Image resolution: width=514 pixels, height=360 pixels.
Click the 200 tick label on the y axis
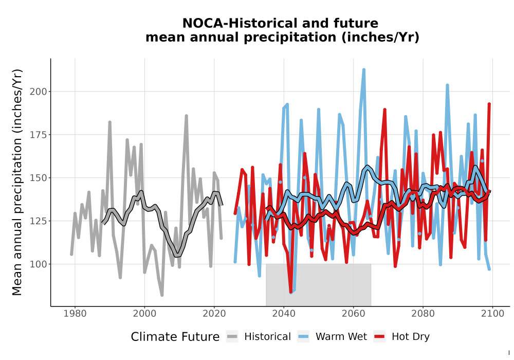coord(39,92)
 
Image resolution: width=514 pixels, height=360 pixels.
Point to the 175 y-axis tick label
coord(39,135)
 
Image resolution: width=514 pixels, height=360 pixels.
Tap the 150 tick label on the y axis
coord(39,178)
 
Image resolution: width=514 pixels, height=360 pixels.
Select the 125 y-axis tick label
coord(39,221)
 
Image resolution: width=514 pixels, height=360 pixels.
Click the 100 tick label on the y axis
coord(39,264)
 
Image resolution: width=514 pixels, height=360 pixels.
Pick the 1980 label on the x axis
coord(75,314)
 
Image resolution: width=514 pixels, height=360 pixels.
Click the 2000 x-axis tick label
coord(144,314)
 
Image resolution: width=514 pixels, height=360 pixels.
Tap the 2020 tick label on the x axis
coord(214,314)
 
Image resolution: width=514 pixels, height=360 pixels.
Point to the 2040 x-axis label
coord(284,314)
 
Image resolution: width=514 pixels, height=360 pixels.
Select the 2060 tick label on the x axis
coord(354,314)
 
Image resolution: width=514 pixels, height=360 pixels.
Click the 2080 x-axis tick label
coord(423,314)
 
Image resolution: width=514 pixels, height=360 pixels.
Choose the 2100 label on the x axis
coord(492,314)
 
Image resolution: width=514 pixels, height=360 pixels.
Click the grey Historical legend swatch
coord(232,337)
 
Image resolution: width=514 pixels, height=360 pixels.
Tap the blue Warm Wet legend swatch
coord(303,337)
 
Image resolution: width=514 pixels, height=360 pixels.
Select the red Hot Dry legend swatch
coord(380,337)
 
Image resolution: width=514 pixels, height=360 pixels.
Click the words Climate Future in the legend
coord(175,337)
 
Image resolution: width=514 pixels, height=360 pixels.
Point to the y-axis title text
coord(17,182)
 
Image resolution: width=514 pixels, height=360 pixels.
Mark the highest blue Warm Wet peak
coord(364,70)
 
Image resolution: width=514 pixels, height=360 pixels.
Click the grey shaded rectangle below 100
coord(318,284)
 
